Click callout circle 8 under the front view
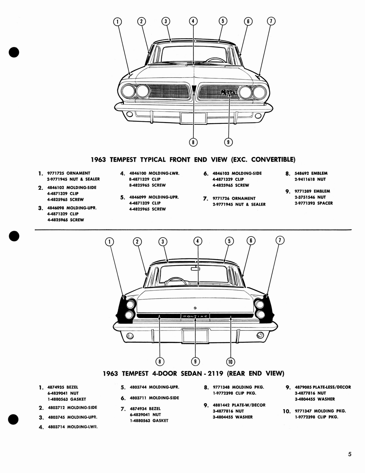[193, 142]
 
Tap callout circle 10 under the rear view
[230, 362]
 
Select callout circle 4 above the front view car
[193, 21]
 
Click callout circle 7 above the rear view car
[280, 240]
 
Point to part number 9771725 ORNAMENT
[69, 173]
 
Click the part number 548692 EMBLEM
[311, 174]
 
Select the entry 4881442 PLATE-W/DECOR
[239, 405]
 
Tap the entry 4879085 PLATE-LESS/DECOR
[323, 387]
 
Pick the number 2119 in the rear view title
[215, 374]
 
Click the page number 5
[350, 454]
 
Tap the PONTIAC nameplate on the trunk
[195, 316]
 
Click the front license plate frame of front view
[193, 118]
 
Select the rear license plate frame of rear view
[195, 336]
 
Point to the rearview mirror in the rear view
[195, 269]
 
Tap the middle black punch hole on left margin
[14, 236]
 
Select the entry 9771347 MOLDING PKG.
[320, 411]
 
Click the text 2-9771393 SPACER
[314, 203]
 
